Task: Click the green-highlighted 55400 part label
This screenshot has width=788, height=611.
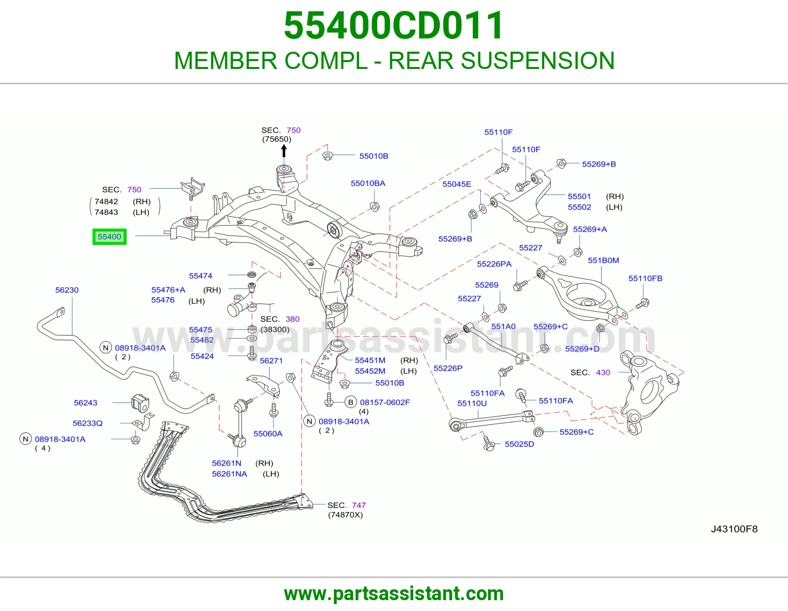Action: [x=109, y=237]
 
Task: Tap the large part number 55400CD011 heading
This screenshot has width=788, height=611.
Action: [x=394, y=25]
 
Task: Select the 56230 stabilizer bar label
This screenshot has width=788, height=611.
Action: [x=66, y=290]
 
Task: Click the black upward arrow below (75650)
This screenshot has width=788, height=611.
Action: [x=284, y=151]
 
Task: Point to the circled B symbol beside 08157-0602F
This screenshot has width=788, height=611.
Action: [x=350, y=402]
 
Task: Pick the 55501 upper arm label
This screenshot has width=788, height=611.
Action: [x=579, y=196]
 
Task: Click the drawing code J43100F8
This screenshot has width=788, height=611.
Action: [x=734, y=529]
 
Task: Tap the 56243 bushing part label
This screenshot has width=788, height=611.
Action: [x=86, y=403]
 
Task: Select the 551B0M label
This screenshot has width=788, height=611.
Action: [x=603, y=260]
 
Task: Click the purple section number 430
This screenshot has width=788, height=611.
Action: [x=603, y=372]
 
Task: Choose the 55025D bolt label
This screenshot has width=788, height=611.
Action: [x=519, y=444]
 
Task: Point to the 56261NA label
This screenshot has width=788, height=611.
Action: [x=230, y=474]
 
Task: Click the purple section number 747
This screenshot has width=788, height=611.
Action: [x=359, y=505]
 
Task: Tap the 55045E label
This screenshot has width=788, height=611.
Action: [x=457, y=184]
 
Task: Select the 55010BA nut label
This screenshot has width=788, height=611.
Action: [x=368, y=183]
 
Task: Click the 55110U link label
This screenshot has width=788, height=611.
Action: [x=472, y=403]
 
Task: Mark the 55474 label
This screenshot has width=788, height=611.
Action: [x=200, y=276]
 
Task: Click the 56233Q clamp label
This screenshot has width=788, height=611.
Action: [x=87, y=423]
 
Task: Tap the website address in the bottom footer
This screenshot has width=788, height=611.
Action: [x=394, y=594]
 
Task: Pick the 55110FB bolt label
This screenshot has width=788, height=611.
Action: [x=646, y=278]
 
